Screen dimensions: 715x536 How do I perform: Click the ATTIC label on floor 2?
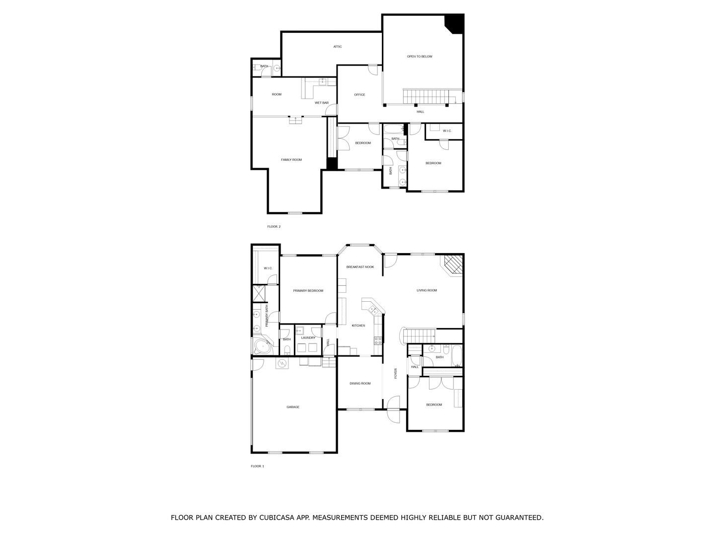pyautogui.click(x=337, y=47)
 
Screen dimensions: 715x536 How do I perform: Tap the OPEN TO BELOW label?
pyautogui.click(x=419, y=56)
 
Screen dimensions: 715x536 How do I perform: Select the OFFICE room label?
pyautogui.click(x=359, y=95)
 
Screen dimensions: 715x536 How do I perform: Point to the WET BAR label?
pyautogui.click(x=321, y=103)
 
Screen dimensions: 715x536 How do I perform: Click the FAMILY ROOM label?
pyautogui.click(x=291, y=160)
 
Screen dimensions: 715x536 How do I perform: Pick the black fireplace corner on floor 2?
pyautogui.click(x=456, y=22)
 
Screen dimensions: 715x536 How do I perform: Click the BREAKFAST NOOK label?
pyautogui.click(x=359, y=267)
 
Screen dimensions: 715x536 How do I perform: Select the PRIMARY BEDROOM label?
pyautogui.click(x=308, y=291)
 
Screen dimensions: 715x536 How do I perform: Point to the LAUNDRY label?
pyautogui.click(x=308, y=338)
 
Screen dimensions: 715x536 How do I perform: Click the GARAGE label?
pyautogui.click(x=292, y=407)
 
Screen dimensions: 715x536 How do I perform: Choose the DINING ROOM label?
pyautogui.click(x=359, y=383)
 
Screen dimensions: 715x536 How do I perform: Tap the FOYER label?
pyautogui.click(x=395, y=373)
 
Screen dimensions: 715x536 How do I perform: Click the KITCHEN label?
pyautogui.click(x=358, y=326)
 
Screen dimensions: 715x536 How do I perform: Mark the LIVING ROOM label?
pyautogui.click(x=427, y=290)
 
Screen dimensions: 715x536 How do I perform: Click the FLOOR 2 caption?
pyautogui.click(x=274, y=226)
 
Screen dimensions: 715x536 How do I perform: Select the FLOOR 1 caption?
pyautogui.click(x=257, y=466)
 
